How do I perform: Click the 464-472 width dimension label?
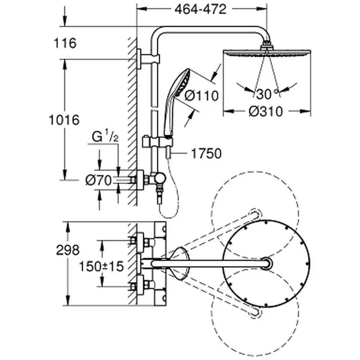tap(200, 9)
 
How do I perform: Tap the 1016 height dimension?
tap(64, 119)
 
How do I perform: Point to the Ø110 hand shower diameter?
tap(203, 96)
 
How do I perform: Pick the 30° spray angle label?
tap(267, 94)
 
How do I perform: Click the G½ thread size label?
tap(105, 137)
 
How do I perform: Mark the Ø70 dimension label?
tap(98, 181)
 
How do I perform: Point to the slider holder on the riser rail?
tap(159, 141)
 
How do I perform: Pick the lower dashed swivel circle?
tap(255, 316)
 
